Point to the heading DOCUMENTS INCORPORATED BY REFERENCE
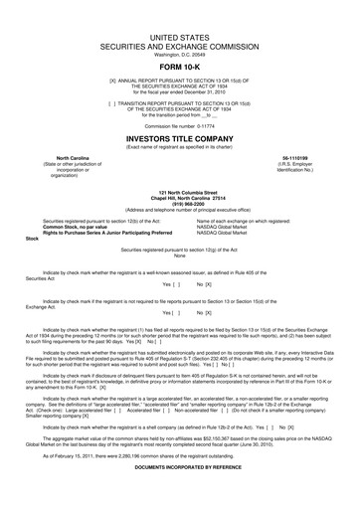pos(179,492)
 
